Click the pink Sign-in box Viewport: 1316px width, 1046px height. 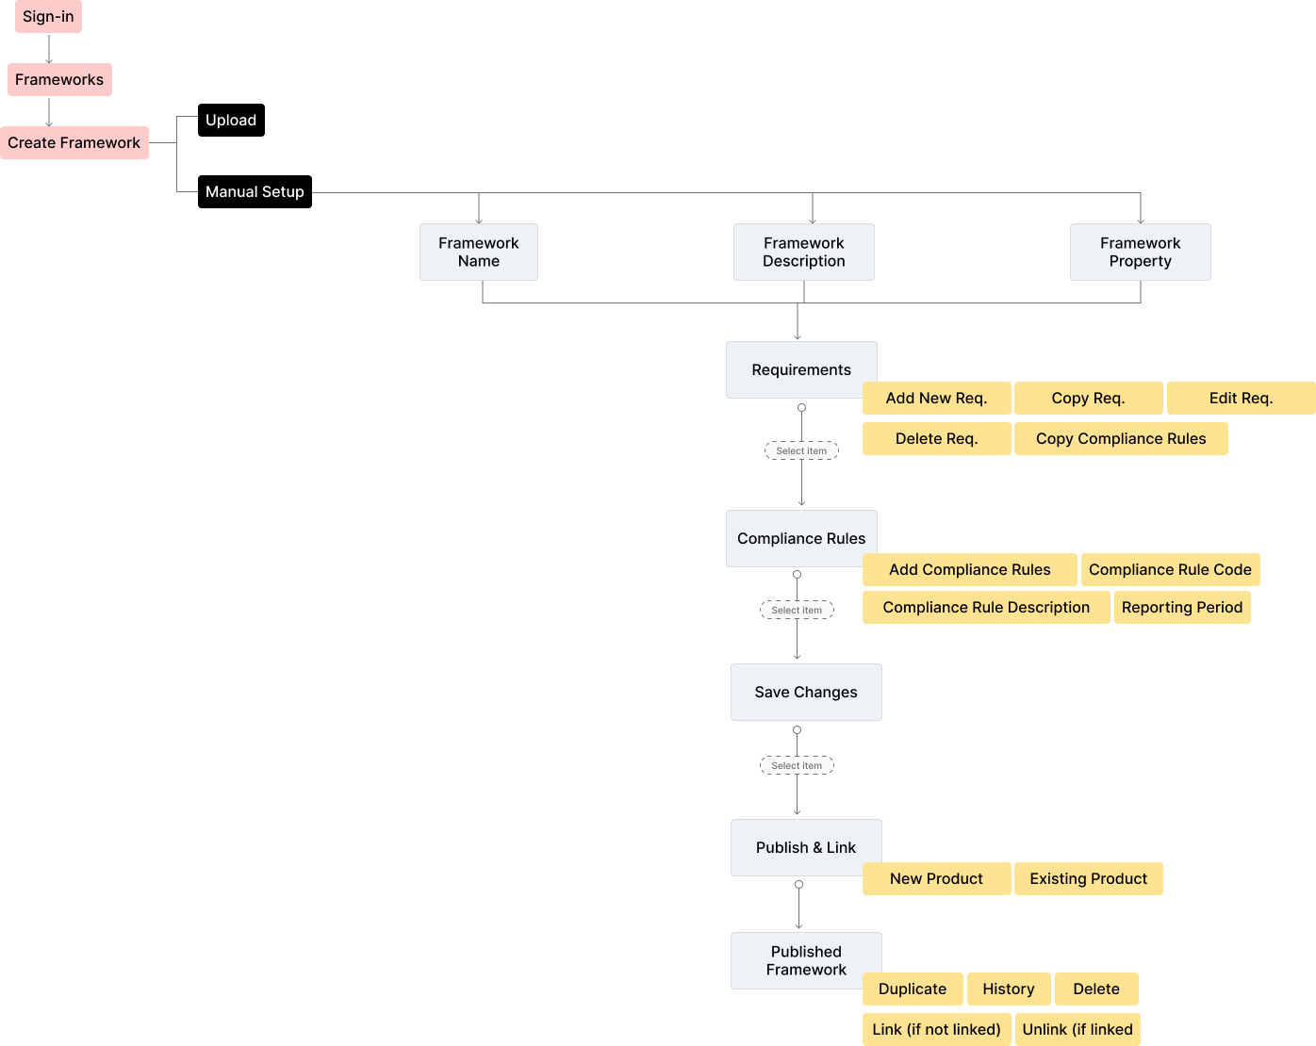48,17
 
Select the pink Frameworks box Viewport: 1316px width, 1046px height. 59,80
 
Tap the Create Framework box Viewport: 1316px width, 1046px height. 74,143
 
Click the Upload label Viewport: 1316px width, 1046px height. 231,121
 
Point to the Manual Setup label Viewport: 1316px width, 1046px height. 255,192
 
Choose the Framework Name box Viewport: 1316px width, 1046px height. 479,253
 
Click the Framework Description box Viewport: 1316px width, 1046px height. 804,253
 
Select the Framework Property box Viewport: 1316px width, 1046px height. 1140,253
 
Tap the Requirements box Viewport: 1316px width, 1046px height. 801,369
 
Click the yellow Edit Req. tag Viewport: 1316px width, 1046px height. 1241,399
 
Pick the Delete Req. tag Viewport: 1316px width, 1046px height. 936,439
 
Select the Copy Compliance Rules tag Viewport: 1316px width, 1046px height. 1121,439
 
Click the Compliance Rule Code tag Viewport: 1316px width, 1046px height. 1170,570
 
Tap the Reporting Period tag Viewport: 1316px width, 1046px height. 1182,608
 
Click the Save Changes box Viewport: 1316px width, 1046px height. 806,693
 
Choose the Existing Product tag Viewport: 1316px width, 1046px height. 1088,879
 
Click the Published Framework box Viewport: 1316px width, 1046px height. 806,961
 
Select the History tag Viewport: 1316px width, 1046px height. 1008,989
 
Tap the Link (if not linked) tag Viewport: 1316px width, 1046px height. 937,1030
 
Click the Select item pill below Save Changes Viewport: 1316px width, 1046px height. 797,766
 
